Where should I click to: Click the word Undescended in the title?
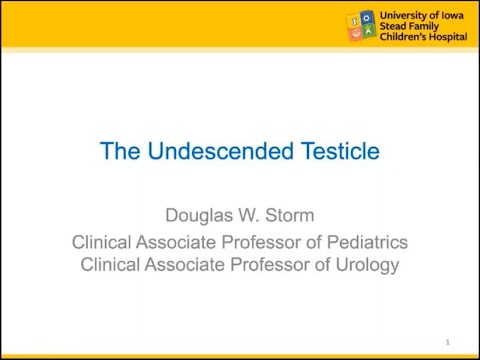click(x=207, y=152)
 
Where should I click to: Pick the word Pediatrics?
click(x=362, y=243)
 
